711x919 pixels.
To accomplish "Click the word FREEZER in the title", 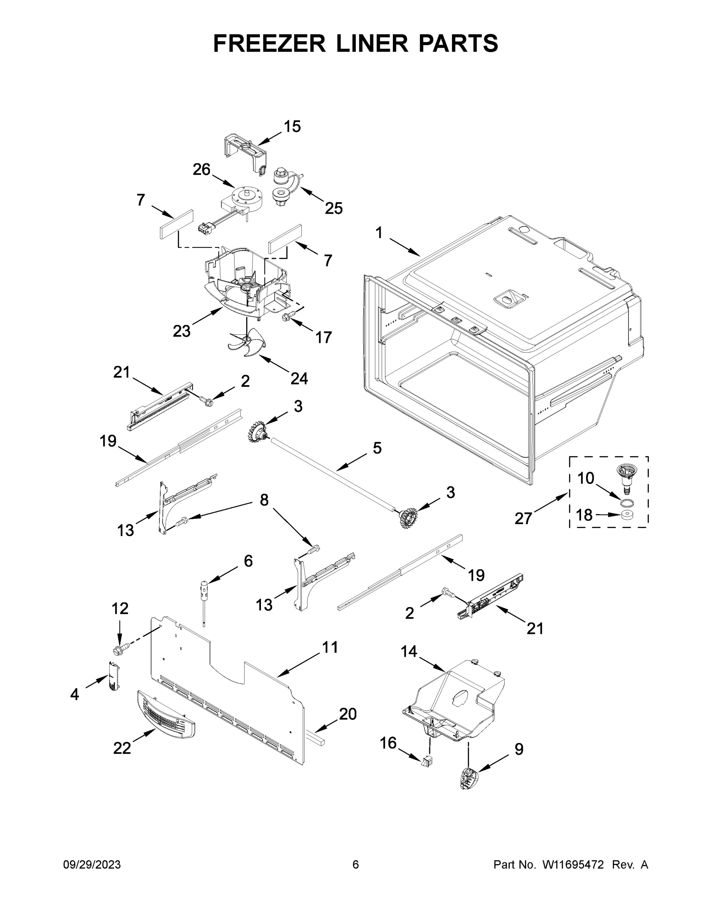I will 269,43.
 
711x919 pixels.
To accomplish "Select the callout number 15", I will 292,126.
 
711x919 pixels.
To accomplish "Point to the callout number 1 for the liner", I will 379,233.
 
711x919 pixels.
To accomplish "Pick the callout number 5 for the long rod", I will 377,448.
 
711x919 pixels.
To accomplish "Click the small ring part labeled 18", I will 627,514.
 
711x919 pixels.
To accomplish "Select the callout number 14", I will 409,652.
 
